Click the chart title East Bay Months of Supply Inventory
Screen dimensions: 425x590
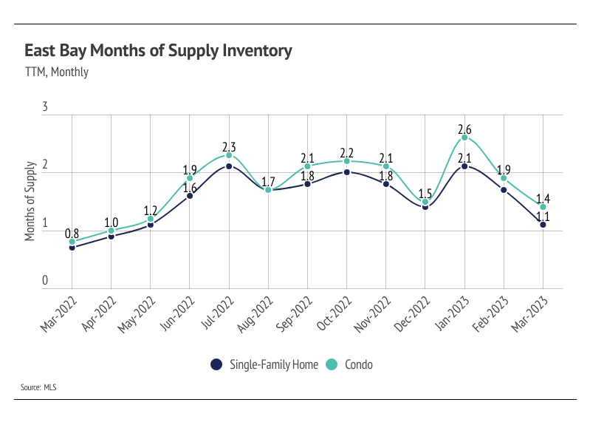tap(158, 51)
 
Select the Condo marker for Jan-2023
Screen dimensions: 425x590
tap(464, 137)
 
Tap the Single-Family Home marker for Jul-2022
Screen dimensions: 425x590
tap(229, 166)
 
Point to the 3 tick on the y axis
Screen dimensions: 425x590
tap(44, 108)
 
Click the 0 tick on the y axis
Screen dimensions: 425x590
tap(44, 281)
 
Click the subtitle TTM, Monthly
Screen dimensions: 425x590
tap(56, 72)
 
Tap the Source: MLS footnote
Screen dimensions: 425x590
tap(40, 387)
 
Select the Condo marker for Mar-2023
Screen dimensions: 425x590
tap(543, 207)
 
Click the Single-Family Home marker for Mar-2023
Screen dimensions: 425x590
tap(543, 224)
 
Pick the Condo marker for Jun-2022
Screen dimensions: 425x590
tap(190, 178)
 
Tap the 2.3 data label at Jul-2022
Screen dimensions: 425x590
tap(229, 145)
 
